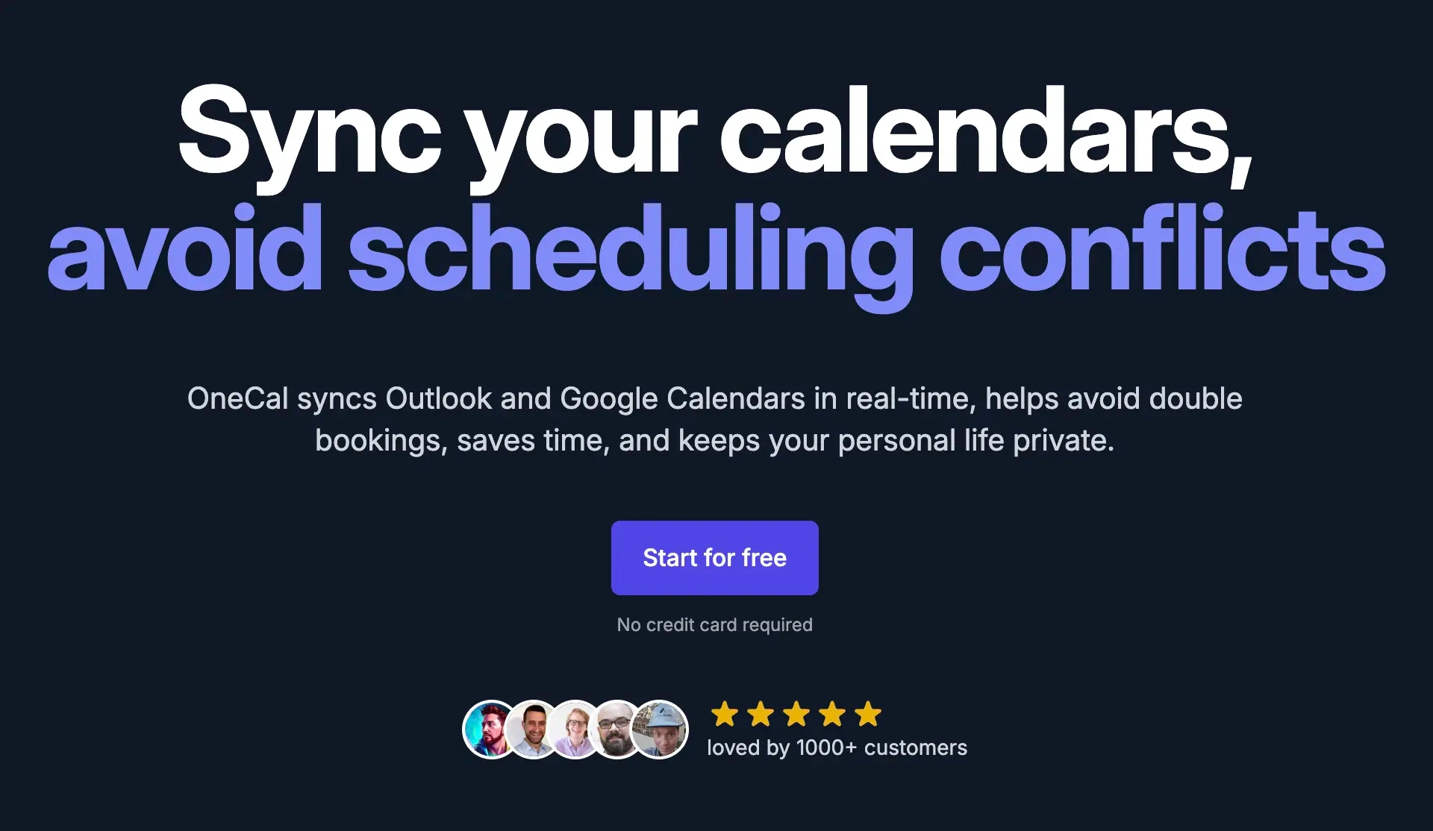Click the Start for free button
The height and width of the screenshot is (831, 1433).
coord(714,558)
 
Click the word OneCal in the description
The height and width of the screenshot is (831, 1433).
coord(238,398)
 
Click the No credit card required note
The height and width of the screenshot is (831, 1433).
coord(714,625)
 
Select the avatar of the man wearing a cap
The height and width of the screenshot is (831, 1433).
coord(660,730)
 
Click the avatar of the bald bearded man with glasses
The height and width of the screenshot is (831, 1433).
coord(616,730)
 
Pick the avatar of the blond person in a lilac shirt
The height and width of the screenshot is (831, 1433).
coord(575,730)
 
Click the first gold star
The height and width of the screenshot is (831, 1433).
coord(725,714)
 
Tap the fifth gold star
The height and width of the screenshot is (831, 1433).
coord(868,714)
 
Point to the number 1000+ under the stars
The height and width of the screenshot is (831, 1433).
coord(826,747)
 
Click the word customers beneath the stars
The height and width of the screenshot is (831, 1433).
coord(916,748)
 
